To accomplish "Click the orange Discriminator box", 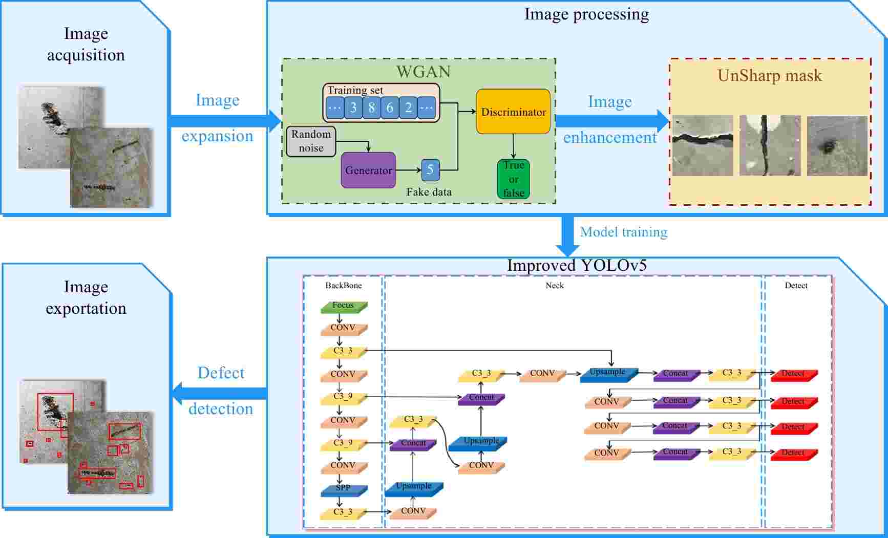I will tap(513, 112).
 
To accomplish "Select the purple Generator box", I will tap(368, 170).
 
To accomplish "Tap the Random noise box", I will tap(311, 141).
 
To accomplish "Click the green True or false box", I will tap(513, 179).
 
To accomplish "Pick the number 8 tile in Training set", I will tap(371, 108).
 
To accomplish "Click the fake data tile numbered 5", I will tap(430, 170).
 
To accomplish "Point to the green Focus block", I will tap(343, 306).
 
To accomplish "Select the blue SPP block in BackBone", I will tap(343, 489).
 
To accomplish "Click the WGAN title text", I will tap(424, 72).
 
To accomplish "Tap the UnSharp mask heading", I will tap(769, 76).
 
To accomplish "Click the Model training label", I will tap(623, 232).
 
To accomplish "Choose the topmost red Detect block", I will tap(793, 375).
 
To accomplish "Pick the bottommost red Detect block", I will tap(793, 454).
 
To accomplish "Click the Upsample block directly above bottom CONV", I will tap(413, 487).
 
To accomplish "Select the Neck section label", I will tap(554, 286).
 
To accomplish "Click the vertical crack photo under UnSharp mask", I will tap(770, 145).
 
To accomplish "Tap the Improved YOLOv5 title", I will tap(577, 266).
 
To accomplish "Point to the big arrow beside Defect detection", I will tap(220, 393).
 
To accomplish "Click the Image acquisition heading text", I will tap(86, 44).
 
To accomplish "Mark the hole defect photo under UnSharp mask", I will tap(837, 146).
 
